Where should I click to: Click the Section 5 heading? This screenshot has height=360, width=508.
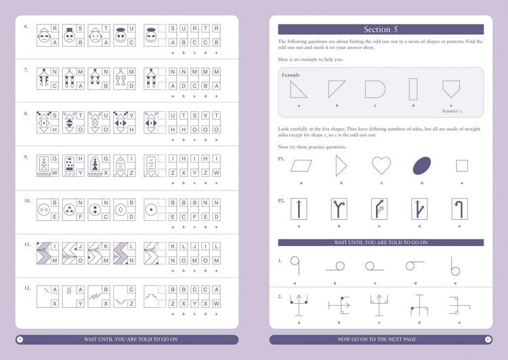coord(381,29)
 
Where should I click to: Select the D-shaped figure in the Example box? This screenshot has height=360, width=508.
coord(374,89)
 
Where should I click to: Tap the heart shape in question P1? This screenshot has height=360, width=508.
coord(381,165)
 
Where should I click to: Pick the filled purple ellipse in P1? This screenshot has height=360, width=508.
coord(421,165)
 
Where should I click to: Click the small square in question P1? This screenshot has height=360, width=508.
coord(462,166)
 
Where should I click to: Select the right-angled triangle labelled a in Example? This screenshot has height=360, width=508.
coord(297,89)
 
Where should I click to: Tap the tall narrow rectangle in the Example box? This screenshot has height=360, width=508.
coord(412,89)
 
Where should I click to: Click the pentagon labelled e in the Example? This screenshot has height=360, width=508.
coord(450,89)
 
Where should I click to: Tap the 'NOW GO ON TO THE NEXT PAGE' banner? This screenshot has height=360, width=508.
coord(377,339)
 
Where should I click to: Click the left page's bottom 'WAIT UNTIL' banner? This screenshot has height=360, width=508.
coord(127,339)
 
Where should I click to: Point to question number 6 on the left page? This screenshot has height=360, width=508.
coord(26,27)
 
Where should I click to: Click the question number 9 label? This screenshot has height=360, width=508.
coord(26,157)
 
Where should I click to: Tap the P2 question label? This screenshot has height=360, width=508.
coord(282,201)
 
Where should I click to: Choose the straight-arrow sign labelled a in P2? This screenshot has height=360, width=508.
coord(299,209)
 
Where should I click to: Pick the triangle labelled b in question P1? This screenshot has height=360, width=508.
coord(341,165)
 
